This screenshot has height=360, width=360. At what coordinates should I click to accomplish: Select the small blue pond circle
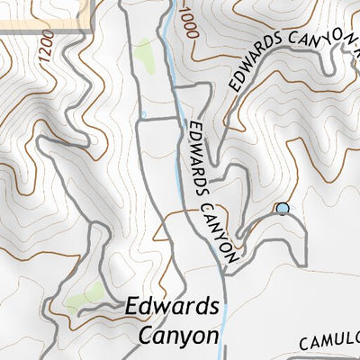(283, 209)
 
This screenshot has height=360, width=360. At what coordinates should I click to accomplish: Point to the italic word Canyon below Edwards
(179, 336)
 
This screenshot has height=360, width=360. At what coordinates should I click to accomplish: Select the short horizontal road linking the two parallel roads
(158, 119)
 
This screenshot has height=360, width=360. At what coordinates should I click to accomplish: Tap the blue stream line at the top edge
(169, 7)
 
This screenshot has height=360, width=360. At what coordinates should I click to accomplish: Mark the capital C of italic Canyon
(147, 336)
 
